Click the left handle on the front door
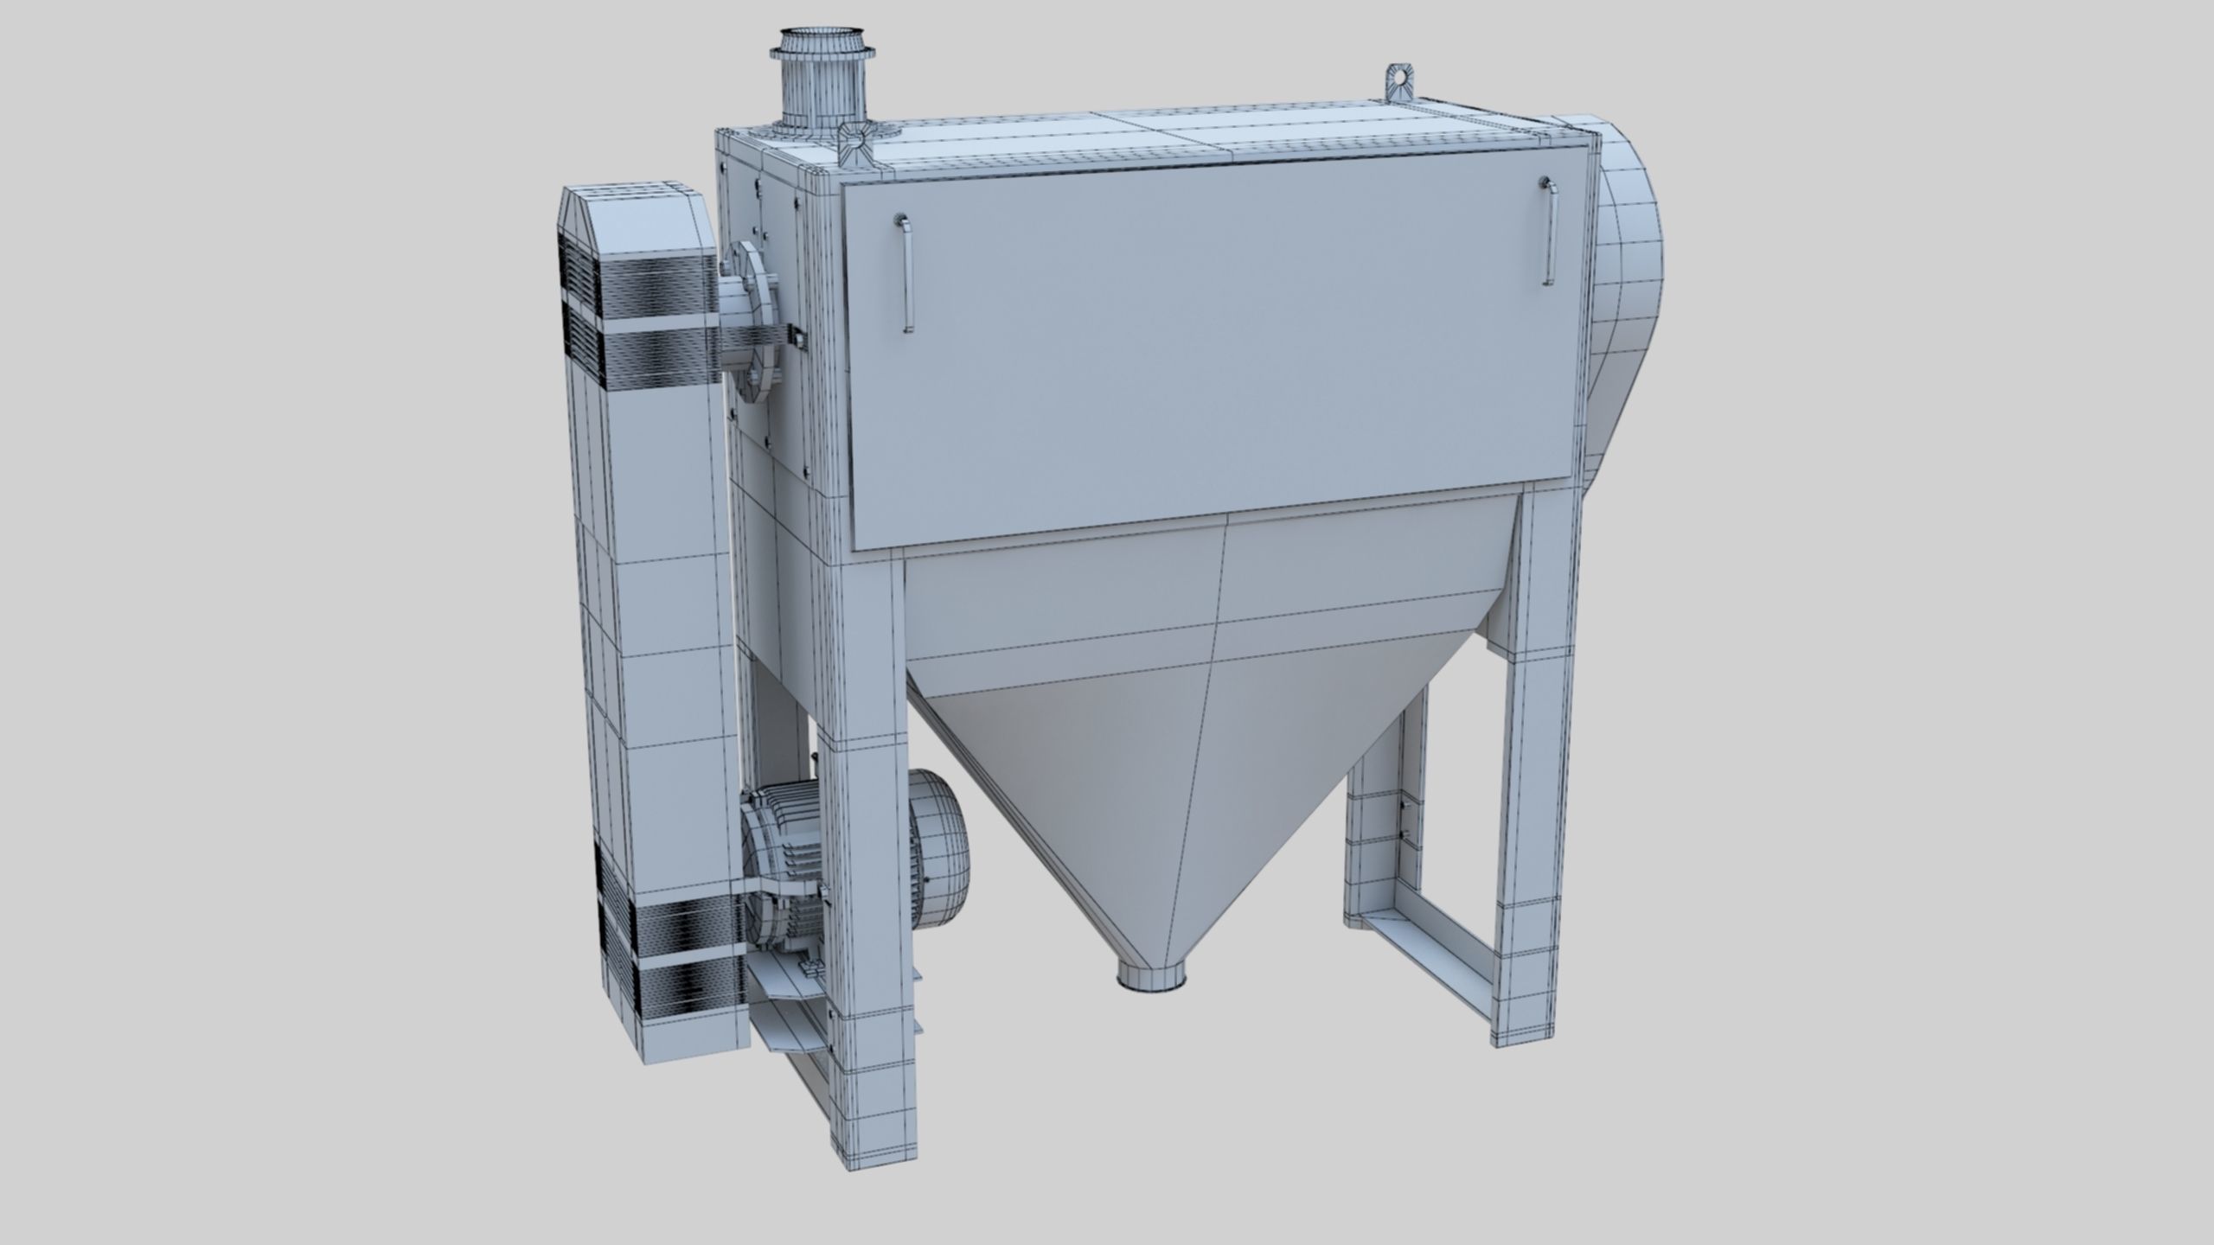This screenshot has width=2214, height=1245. point(905,271)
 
